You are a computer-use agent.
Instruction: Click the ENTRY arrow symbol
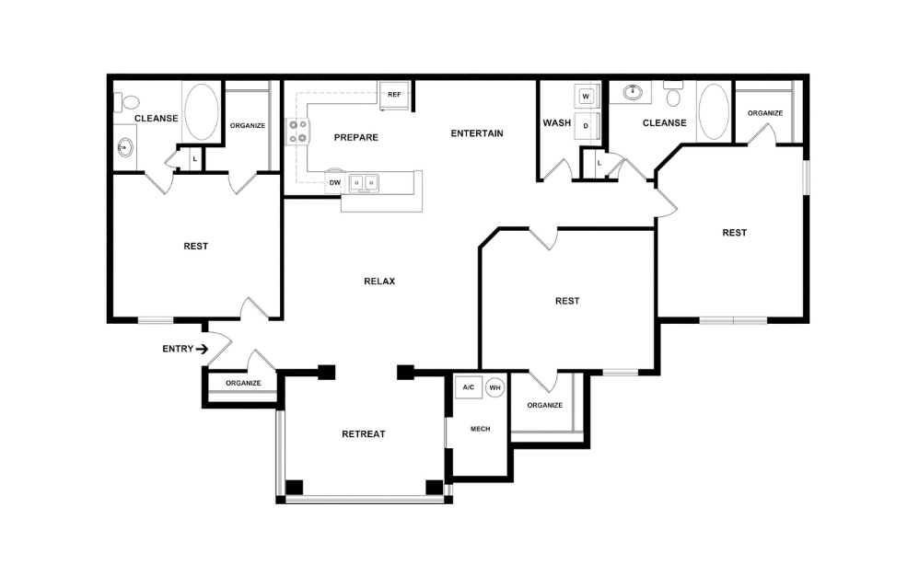[x=202, y=349]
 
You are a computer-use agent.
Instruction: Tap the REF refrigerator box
[x=394, y=95]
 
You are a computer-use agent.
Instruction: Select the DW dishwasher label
[x=335, y=183]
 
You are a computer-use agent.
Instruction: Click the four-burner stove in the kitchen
[x=298, y=132]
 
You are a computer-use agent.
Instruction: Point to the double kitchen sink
[x=365, y=183]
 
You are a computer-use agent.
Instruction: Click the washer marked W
[x=586, y=96]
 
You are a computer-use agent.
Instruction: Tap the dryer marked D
[x=586, y=125]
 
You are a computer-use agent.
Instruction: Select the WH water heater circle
[x=495, y=387]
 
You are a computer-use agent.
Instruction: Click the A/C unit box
[x=468, y=387]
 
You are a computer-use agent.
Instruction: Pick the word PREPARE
[x=355, y=138]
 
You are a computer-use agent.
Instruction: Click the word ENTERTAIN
[x=477, y=133]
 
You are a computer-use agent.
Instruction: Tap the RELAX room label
[x=379, y=282]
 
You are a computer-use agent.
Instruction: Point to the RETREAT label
[x=363, y=434]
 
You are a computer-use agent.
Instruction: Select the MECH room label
[x=480, y=429]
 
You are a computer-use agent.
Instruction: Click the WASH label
[x=556, y=123]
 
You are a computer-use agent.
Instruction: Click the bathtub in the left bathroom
[x=201, y=112]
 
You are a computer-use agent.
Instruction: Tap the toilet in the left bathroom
[x=127, y=101]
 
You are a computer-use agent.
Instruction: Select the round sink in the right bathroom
[x=633, y=92]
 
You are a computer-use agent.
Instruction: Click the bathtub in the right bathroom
[x=713, y=111]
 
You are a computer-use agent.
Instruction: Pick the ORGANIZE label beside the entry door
[x=243, y=383]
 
